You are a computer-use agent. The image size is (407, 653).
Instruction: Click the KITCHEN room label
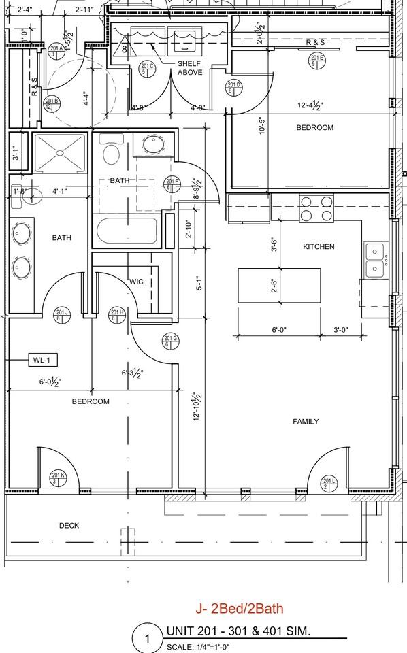point(319,246)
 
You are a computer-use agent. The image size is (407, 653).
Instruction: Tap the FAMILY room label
point(306,422)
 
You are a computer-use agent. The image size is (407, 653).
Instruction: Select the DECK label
point(69,526)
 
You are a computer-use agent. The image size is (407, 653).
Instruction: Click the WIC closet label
point(136,282)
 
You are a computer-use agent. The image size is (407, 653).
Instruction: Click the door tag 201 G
point(171,341)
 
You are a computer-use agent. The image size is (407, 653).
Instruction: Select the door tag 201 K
point(58,478)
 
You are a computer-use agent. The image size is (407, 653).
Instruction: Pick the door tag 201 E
point(316,61)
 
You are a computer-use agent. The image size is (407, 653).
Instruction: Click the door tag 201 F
point(172,184)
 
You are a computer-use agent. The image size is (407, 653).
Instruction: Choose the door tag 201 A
point(56,51)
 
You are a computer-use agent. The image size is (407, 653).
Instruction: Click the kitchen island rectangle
point(278,286)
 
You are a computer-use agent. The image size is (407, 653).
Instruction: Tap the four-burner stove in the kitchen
point(316,208)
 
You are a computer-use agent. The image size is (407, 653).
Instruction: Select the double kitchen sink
point(374,260)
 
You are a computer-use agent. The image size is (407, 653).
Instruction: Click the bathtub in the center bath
point(127,233)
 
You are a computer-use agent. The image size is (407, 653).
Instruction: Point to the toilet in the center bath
point(110,148)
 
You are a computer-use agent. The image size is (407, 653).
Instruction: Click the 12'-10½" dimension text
point(197,406)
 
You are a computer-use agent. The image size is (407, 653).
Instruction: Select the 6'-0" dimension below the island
point(278,330)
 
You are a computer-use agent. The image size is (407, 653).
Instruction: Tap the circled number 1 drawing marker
point(147,639)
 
